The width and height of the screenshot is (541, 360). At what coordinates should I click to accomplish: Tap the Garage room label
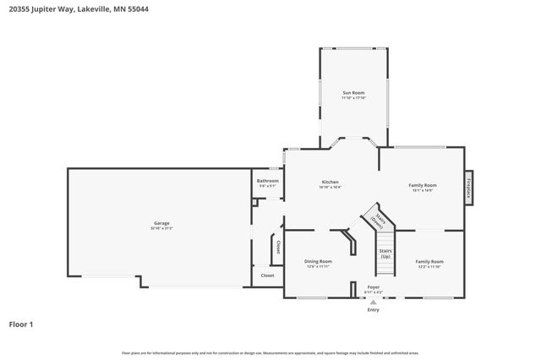[x=161, y=223]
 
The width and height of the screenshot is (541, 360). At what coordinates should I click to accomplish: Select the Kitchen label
[x=330, y=182]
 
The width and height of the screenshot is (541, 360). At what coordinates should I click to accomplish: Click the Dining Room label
[x=318, y=261]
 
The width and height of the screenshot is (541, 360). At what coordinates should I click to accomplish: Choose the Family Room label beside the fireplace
[x=422, y=185]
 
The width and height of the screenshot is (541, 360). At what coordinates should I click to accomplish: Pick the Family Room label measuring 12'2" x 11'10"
[x=429, y=261]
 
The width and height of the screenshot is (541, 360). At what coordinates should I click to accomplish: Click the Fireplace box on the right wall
[x=468, y=187]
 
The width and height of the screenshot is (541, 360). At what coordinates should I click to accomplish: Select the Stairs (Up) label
[x=385, y=252]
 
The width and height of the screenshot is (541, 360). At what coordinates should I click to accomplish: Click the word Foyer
[x=373, y=288]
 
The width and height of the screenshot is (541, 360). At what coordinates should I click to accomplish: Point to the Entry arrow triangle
[x=373, y=302]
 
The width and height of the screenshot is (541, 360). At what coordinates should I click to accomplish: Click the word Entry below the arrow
[x=373, y=310]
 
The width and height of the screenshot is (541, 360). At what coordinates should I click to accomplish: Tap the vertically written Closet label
[x=277, y=247]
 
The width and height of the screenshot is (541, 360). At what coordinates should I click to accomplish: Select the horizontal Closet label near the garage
[x=267, y=275]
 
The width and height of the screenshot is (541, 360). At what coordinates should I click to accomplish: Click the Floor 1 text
[x=21, y=324]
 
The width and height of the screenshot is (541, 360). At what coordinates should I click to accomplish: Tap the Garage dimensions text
[x=161, y=228]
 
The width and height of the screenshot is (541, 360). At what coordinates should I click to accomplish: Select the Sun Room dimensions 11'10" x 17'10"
[x=353, y=97]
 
